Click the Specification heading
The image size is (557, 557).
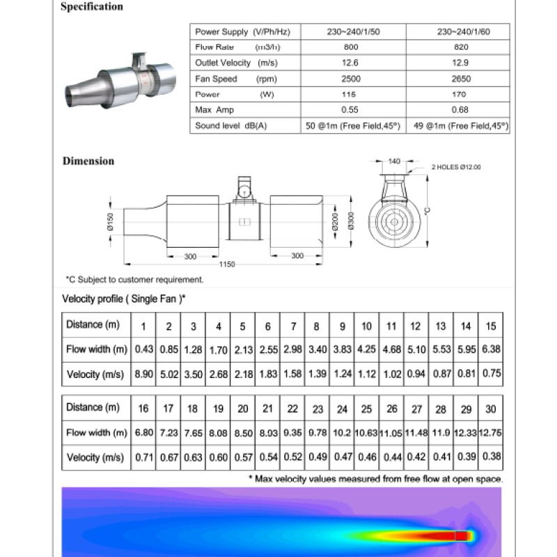pyautogui.click(x=92, y=7)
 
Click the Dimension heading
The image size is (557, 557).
pyautogui.click(x=88, y=161)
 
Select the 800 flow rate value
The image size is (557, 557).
pyautogui.click(x=352, y=48)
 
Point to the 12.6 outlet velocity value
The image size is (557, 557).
pyautogui.click(x=352, y=63)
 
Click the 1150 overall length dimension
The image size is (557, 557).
pyautogui.click(x=227, y=265)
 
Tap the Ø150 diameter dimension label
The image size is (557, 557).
pyautogui.click(x=110, y=221)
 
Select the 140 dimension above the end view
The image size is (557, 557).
pyautogui.click(x=394, y=162)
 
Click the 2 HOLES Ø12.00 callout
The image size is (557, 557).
pyautogui.click(x=456, y=167)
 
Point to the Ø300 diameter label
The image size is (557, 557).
pyautogui.click(x=352, y=221)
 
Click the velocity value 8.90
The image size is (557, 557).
pyautogui.click(x=144, y=375)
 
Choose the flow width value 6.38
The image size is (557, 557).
pyautogui.click(x=491, y=350)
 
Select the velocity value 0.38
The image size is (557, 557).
pyautogui.click(x=491, y=457)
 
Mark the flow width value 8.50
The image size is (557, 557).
pyautogui.click(x=243, y=432)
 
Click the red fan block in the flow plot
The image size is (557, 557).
pyautogui.click(x=463, y=535)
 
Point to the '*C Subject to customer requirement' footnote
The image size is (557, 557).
pyautogui.click(x=134, y=279)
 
